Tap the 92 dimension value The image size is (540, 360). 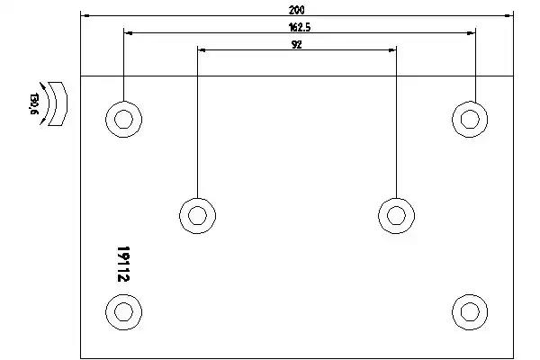(296, 44)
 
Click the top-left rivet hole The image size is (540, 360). (124, 118)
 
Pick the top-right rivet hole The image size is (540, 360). (469, 118)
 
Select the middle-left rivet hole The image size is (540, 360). (197, 213)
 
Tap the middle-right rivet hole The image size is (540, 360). (396, 213)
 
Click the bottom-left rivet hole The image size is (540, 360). (124, 310)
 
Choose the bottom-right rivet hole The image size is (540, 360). (469, 310)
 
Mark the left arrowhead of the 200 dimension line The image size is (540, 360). (84, 15)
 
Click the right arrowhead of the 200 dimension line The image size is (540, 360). (508, 15)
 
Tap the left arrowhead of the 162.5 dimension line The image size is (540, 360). (127, 33)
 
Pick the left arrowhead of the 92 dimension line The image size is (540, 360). (200, 50)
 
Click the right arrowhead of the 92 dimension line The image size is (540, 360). (393, 50)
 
